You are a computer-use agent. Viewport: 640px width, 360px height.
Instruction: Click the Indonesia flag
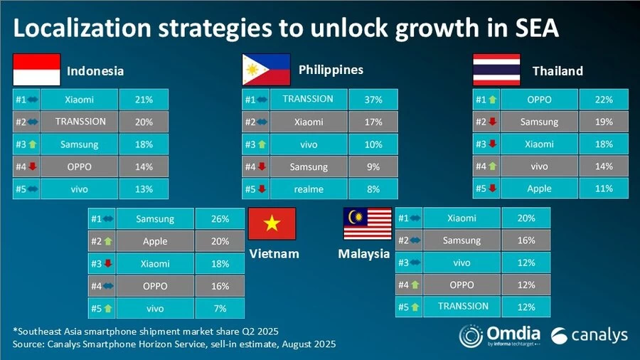coord(36,70)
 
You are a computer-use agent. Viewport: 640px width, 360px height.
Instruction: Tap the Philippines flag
coord(266,70)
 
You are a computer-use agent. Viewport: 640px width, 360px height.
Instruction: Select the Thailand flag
coord(497,70)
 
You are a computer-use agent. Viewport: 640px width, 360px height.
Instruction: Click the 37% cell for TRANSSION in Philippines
coord(374,100)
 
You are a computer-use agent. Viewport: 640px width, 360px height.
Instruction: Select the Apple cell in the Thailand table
coord(539,189)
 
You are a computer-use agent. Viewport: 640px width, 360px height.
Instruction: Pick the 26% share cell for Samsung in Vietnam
coord(220,219)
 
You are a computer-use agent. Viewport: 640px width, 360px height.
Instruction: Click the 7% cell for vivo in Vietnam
coord(220,307)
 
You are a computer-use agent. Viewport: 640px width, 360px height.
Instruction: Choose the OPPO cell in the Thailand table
coord(539,100)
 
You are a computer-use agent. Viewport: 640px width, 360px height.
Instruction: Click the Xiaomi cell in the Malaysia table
coord(462,218)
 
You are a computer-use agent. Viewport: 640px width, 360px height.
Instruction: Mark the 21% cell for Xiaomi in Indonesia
coord(144,100)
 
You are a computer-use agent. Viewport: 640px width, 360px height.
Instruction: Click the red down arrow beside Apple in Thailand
coord(492,189)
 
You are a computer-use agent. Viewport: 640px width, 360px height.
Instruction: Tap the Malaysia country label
coord(363,254)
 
